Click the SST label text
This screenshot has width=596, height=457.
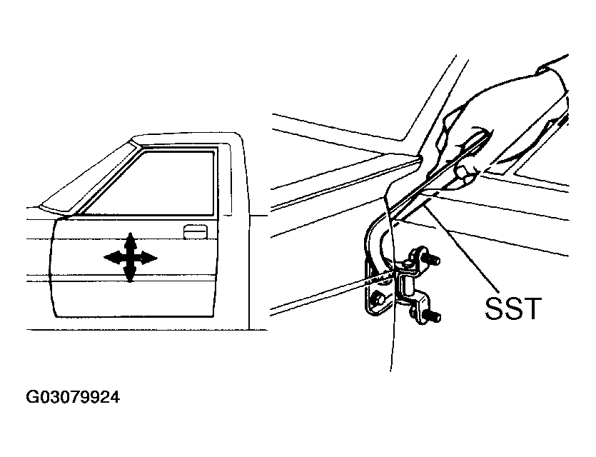point(513,308)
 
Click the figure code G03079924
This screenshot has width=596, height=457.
point(73,397)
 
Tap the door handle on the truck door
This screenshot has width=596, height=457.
point(195,231)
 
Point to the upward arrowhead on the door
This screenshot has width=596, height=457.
point(131,240)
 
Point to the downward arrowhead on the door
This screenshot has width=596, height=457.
point(131,274)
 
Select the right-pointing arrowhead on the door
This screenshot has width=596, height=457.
point(148,258)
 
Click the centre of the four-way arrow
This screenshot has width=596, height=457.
point(131,258)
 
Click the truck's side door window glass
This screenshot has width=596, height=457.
point(150,184)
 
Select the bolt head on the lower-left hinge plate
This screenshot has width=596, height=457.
point(378,300)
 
